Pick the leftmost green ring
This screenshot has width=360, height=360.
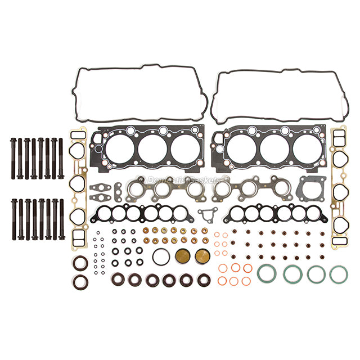tap(265, 274)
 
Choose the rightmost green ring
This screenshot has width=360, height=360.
tap(338, 274)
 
